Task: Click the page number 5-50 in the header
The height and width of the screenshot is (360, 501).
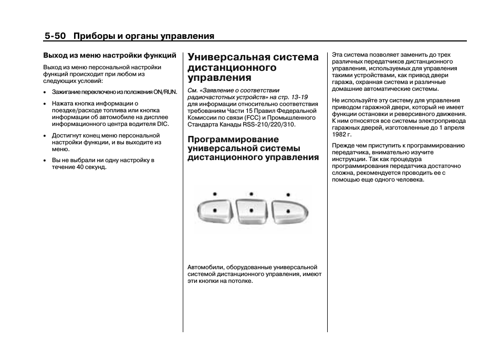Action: tap(55, 36)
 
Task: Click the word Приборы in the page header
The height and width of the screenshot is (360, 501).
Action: tap(92, 36)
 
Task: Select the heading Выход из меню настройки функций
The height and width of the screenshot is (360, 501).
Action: tap(109, 55)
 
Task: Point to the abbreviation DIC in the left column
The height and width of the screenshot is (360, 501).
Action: tap(163, 124)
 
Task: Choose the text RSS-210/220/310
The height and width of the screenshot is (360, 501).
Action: tap(269, 125)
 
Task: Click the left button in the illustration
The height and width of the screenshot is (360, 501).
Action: tap(214, 211)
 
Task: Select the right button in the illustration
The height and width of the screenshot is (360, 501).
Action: tap(289, 211)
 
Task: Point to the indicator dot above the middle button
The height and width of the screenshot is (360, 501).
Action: tap(252, 194)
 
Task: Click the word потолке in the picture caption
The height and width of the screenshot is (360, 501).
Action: tap(241, 281)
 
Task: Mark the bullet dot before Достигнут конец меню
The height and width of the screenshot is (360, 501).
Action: tap(46, 136)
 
